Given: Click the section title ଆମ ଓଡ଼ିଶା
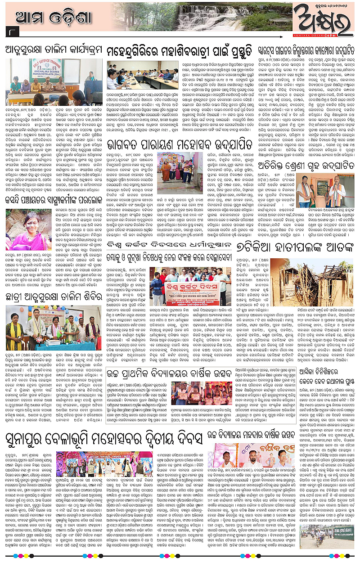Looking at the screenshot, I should click(x=54, y=18).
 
